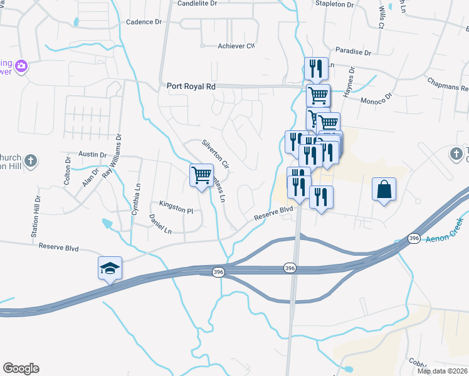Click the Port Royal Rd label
coord(191,86)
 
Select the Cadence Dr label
coord(144,22)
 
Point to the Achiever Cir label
coord(236,46)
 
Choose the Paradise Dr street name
coord(353,51)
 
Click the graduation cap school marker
coord(110,268)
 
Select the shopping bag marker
coord(384,189)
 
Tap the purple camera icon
coord(21,66)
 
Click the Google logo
coord(21,368)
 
